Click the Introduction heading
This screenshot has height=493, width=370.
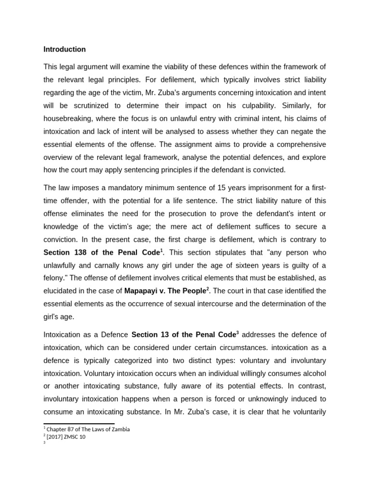pos(65,49)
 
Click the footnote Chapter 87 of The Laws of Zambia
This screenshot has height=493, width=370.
pos(88,429)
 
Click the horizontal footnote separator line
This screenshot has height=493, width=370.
pos(79,424)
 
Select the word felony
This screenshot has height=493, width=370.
pos(54,278)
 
